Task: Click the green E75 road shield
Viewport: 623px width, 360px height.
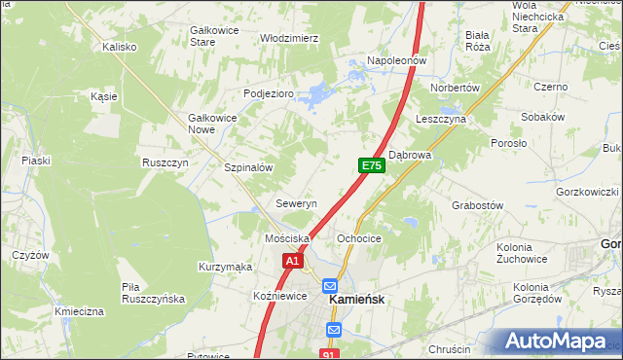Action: (371, 166)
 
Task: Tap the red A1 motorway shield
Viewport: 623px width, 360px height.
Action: (294, 261)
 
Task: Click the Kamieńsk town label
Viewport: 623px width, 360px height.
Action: (359, 301)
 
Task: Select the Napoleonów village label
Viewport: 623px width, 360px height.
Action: (397, 60)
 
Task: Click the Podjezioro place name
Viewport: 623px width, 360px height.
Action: (268, 93)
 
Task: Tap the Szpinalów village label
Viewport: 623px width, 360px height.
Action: (248, 167)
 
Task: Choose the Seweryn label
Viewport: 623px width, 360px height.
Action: (297, 204)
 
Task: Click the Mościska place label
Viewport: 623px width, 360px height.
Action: (286, 238)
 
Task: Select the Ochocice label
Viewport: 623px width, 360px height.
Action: (358, 238)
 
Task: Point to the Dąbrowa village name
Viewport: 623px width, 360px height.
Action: (410, 154)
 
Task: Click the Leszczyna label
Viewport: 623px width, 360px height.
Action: (441, 118)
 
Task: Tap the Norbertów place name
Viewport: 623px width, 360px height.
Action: (457, 88)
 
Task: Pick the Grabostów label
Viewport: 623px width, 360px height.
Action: (477, 205)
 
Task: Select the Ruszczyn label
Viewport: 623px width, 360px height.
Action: (165, 162)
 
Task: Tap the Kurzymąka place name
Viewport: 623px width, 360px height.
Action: (225, 267)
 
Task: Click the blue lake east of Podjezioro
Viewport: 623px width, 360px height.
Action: (317, 95)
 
